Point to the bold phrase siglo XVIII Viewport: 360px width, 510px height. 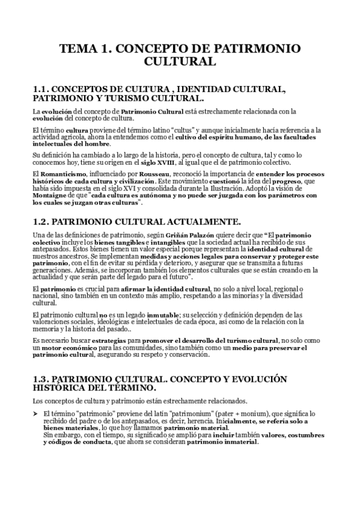point(173,162)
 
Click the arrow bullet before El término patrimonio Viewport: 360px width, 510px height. point(35,414)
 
